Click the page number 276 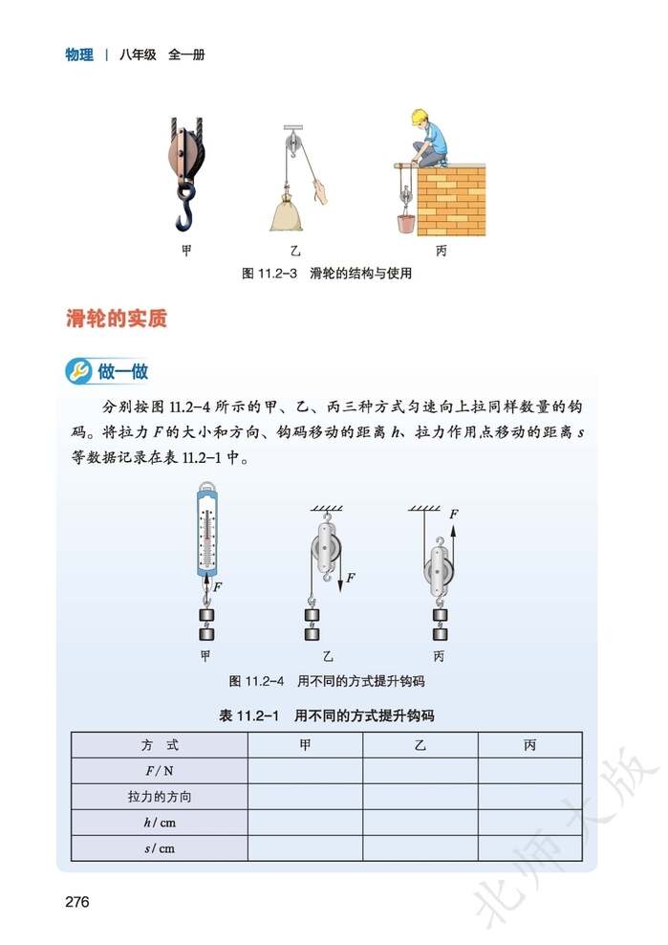click(x=76, y=901)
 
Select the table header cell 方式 click(x=160, y=745)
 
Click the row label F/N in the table click(x=160, y=770)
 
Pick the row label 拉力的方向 click(x=160, y=796)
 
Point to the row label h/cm click(x=160, y=822)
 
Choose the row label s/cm click(x=160, y=847)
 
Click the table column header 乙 click(x=420, y=745)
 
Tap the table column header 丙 click(x=530, y=745)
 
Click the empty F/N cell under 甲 click(x=305, y=770)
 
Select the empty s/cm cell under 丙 click(x=530, y=847)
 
